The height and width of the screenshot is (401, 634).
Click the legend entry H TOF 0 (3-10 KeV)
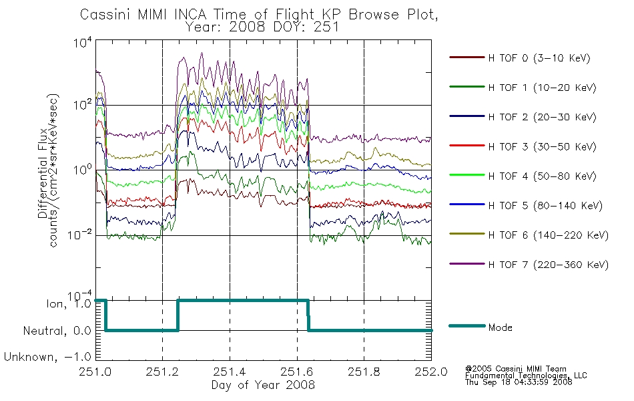(539, 58)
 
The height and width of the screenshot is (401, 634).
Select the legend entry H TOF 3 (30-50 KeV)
(542, 146)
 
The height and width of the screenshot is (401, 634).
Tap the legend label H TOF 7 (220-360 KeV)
(549, 265)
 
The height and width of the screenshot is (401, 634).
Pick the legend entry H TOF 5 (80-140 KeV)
(545, 205)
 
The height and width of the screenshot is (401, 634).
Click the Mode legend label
(500, 327)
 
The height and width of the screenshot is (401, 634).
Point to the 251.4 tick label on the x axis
(230, 372)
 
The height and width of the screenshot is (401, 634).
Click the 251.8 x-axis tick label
(364, 372)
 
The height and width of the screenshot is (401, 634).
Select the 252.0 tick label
(431, 372)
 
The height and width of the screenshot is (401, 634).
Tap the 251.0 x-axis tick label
(95, 372)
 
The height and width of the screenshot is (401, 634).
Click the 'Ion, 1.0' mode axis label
(69, 304)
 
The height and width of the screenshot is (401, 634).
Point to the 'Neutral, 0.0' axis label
(57, 331)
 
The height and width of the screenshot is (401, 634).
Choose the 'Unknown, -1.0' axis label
(47, 357)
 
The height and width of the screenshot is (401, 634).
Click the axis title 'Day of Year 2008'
(263, 385)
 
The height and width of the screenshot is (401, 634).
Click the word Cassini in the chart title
(105, 15)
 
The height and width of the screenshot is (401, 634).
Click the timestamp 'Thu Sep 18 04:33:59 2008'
(519, 382)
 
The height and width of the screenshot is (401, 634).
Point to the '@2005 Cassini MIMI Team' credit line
(515, 369)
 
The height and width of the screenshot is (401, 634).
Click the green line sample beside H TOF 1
(466, 87)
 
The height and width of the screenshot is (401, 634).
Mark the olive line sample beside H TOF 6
(466, 234)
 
